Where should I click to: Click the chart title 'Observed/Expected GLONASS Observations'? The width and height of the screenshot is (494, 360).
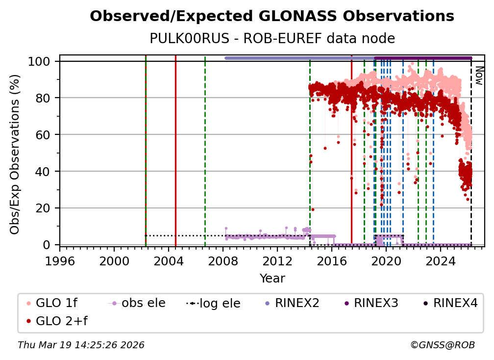(272, 16)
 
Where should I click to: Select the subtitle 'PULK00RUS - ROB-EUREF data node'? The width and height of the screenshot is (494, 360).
(272, 38)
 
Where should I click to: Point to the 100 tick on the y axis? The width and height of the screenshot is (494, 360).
(40, 61)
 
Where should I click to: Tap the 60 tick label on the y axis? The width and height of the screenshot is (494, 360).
(43, 134)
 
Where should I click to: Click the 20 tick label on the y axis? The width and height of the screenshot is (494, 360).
(43, 208)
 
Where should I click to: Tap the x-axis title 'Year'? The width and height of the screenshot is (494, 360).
(272, 279)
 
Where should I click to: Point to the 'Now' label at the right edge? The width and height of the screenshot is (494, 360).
(479, 76)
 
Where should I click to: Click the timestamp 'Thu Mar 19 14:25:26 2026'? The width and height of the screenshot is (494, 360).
(81, 345)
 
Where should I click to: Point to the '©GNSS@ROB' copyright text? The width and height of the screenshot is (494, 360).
(443, 345)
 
